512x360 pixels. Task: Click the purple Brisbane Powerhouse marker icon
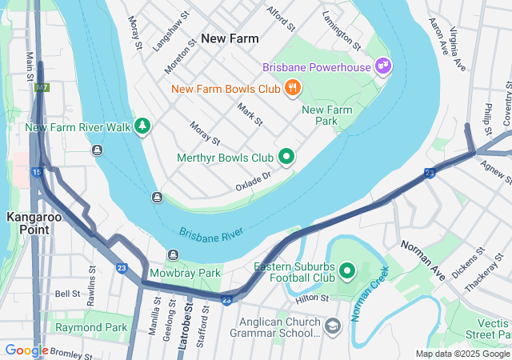[383, 66]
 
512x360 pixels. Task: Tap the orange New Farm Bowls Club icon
[294, 89]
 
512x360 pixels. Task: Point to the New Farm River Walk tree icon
[142, 126]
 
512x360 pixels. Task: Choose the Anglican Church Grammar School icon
[333, 326]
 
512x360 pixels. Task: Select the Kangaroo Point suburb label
[28, 223]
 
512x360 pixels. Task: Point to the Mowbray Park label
[184, 273]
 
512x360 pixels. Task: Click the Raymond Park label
[91, 327]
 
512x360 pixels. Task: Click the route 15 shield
[37, 172]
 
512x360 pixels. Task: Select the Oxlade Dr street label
[254, 181]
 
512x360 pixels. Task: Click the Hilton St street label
[311, 298]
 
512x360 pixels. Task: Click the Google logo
[26, 350]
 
